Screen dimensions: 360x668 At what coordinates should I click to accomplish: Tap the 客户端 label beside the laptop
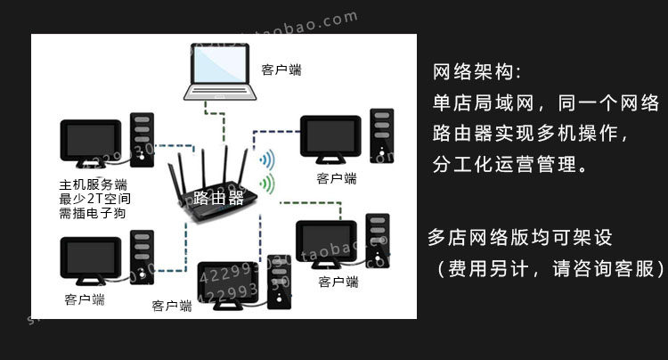(x=281, y=70)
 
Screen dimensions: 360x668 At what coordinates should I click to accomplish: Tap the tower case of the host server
(x=141, y=141)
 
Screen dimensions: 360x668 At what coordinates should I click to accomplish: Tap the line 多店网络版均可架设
(x=521, y=238)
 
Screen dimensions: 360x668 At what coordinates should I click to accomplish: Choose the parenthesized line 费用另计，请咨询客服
(x=546, y=268)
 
